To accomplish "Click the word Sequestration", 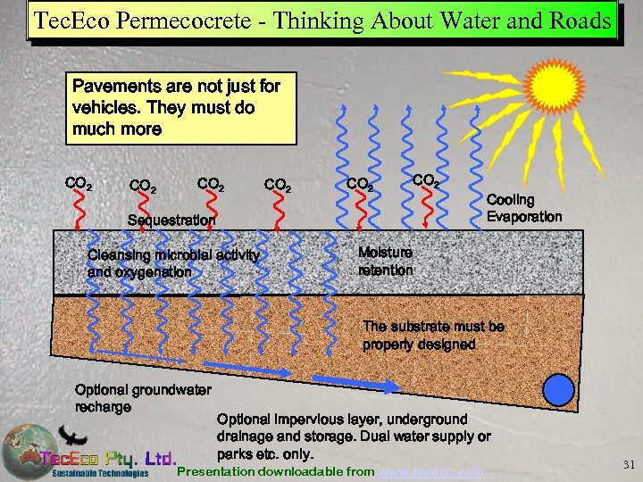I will pyautogui.click(x=171, y=220).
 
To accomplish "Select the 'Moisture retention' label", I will pyautogui.click(x=385, y=261).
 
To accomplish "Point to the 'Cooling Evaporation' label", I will pyautogui.click(x=523, y=208).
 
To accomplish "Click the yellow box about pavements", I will pyautogui.click(x=183, y=108).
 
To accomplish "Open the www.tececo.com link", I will pyautogui.click(x=431, y=470).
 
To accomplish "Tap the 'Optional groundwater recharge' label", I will pyautogui.click(x=142, y=398).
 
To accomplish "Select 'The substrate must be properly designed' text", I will pyautogui.click(x=433, y=335).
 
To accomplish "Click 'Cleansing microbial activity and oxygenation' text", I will pyautogui.click(x=173, y=263).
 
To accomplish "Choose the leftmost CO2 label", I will pyautogui.click(x=78, y=184).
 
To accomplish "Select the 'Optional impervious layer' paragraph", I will pyautogui.click(x=354, y=436).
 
